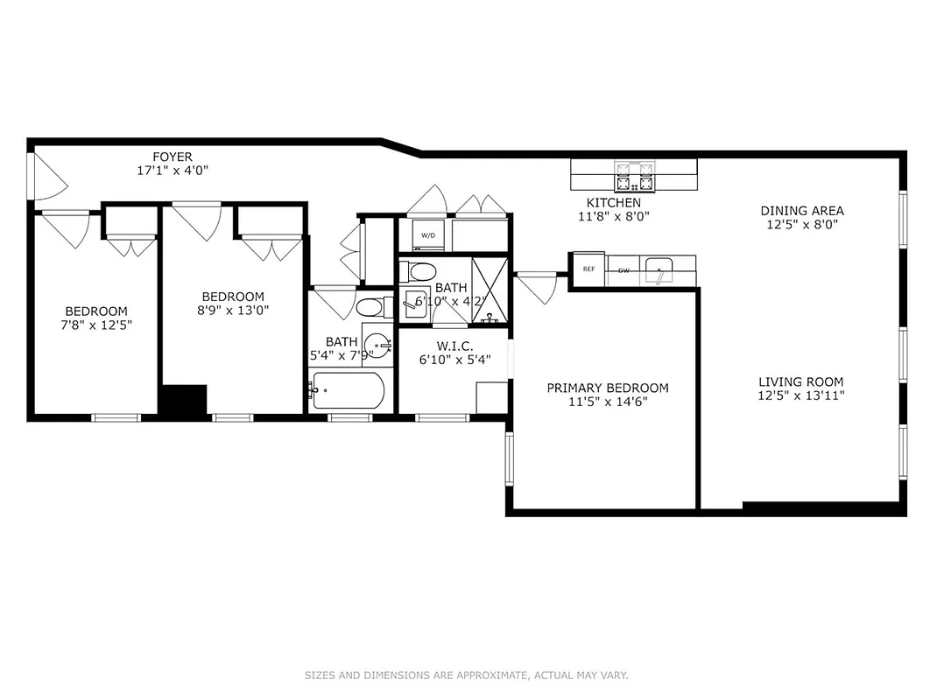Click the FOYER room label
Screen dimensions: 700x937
[173, 157]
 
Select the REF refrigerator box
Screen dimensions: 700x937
[588, 269]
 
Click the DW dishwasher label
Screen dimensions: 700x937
[623, 270]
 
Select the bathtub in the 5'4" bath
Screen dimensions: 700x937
[348, 390]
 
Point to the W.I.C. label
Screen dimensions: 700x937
[454, 346]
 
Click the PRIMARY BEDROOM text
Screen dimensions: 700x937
[608, 388]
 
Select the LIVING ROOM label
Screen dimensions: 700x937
[800, 381]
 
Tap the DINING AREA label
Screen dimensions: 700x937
[801, 211]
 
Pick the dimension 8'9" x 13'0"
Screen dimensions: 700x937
[233, 311]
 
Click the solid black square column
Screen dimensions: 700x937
[182, 401]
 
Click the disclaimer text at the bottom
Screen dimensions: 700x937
[467, 675]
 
